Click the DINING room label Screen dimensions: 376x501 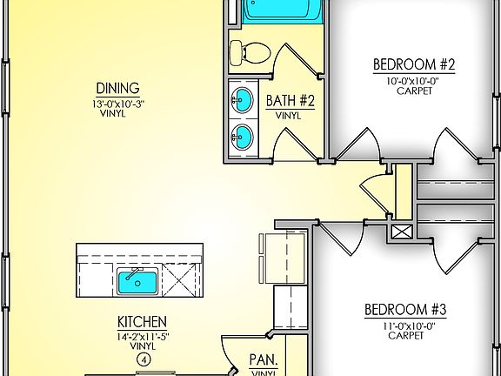(117, 87)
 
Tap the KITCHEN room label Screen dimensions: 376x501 (144, 321)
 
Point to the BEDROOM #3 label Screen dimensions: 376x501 (392, 309)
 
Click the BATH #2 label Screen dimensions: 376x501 (289, 100)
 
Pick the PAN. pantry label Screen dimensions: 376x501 (263, 359)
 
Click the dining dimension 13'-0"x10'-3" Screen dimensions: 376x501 (117, 103)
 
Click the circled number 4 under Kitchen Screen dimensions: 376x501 (144, 358)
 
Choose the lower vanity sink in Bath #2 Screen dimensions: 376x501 (243, 137)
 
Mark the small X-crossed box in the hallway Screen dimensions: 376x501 (402, 232)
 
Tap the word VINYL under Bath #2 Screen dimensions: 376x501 (289, 115)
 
